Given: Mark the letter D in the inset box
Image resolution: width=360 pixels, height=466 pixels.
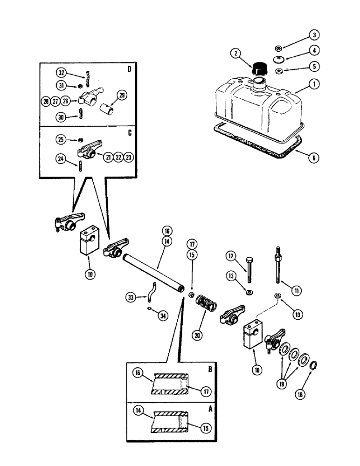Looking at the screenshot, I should click(x=129, y=70).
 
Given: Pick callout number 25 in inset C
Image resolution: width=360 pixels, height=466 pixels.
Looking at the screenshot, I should click(x=62, y=139).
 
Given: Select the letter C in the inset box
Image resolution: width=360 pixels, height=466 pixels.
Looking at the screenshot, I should click(x=129, y=133).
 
